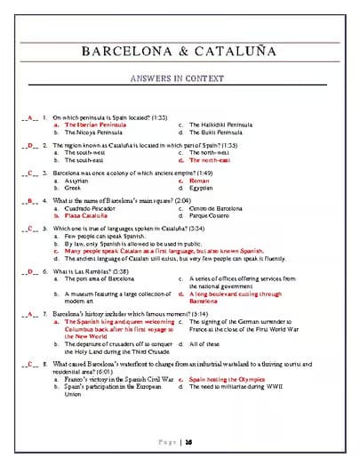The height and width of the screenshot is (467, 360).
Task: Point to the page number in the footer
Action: pos(189,440)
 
